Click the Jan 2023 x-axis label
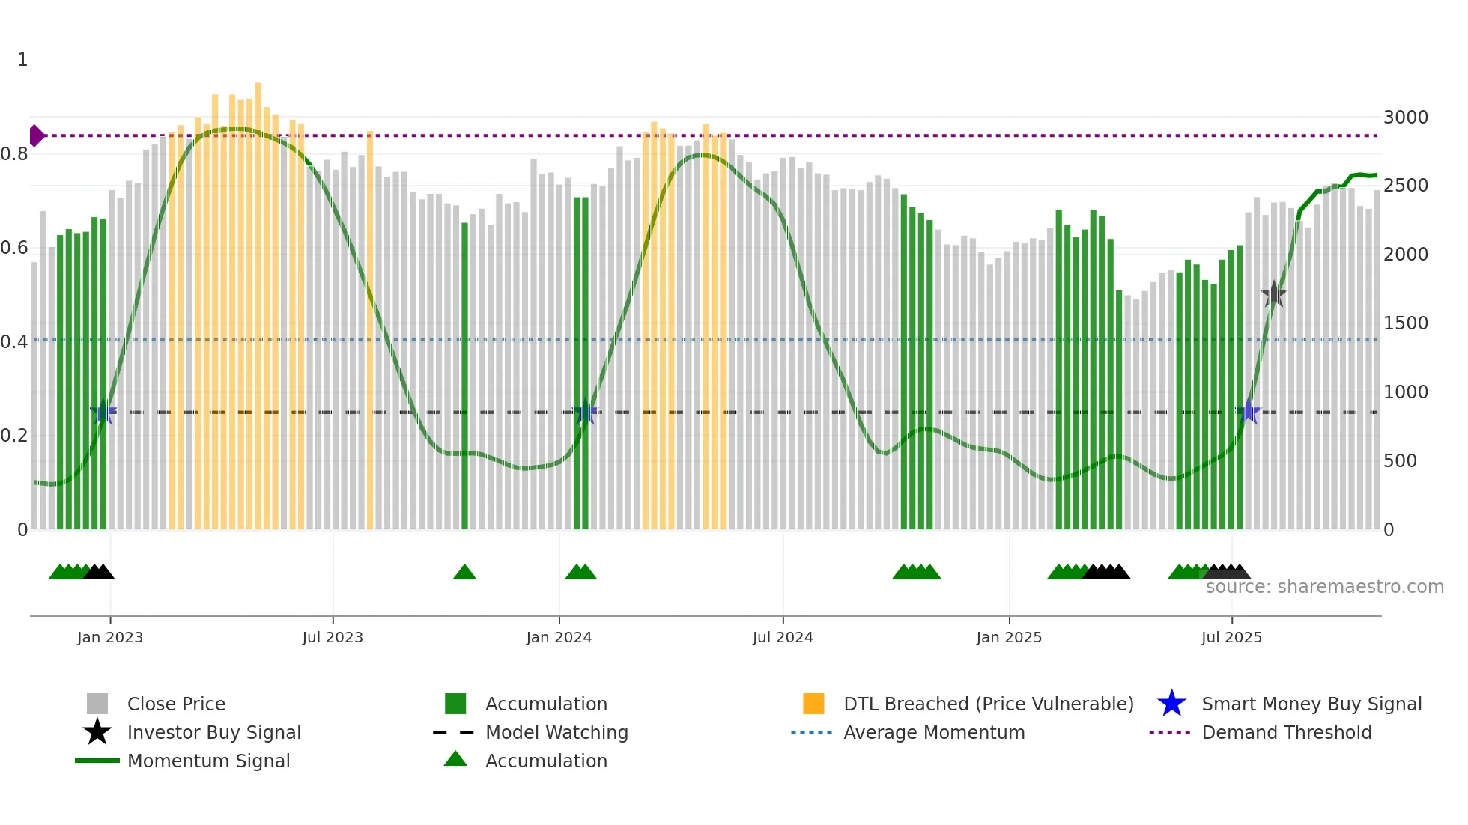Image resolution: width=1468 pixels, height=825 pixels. (x=109, y=637)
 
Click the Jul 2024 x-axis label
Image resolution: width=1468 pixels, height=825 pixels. (x=783, y=637)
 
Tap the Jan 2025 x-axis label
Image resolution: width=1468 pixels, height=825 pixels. (x=1009, y=637)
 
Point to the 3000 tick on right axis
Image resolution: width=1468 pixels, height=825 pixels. (x=1406, y=118)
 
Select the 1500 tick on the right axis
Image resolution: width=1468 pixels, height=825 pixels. (x=1406, y=323)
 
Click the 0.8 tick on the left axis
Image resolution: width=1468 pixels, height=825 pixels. (x=15, y=154)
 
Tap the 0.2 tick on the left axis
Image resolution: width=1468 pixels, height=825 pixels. (x=15, y=436)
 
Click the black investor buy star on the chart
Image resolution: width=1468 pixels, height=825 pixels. (x=1273, y=294)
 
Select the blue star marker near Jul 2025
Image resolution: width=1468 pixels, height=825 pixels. (x=1249, y=412)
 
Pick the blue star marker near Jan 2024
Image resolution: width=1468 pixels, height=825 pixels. (x=585, y=412)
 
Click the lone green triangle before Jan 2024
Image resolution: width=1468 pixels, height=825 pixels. (x=464, y=573)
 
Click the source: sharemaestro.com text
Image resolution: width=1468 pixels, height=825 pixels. (x=1324, y=587)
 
